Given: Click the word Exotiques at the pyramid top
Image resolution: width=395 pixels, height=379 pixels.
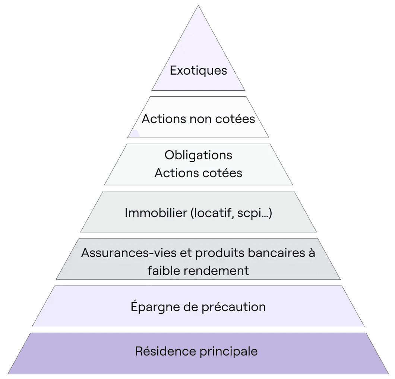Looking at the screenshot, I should [198, 71].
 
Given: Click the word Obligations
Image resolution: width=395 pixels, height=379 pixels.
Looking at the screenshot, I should [198, 155].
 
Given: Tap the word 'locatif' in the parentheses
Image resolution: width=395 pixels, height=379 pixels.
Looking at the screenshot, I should [212, 213].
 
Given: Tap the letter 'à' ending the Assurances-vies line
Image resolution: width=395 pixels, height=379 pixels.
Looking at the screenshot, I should [312, 253].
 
